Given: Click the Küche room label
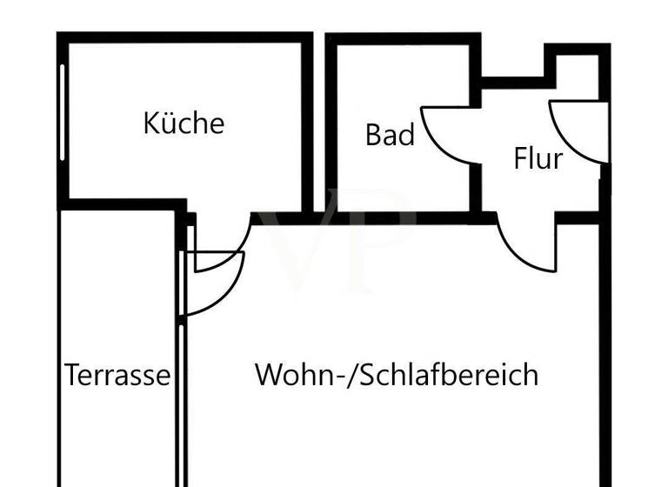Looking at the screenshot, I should (184, 123).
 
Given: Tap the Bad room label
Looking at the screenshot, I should (390, 136).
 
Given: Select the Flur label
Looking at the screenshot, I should (538, 159).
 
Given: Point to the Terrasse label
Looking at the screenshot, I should (117, 376).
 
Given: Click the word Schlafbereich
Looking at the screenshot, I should (450, 376).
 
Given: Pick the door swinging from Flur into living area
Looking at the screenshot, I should (527, 247).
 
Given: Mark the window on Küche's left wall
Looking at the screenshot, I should (63, 113).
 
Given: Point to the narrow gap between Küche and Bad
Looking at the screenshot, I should (319, 122).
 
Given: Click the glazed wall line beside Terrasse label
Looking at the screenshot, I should (180, 391).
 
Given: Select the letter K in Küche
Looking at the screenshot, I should (151, 123).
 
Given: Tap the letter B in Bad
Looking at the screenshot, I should (373, 136).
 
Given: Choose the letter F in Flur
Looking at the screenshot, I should (520, 159).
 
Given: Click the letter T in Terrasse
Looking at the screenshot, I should (73, 376).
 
